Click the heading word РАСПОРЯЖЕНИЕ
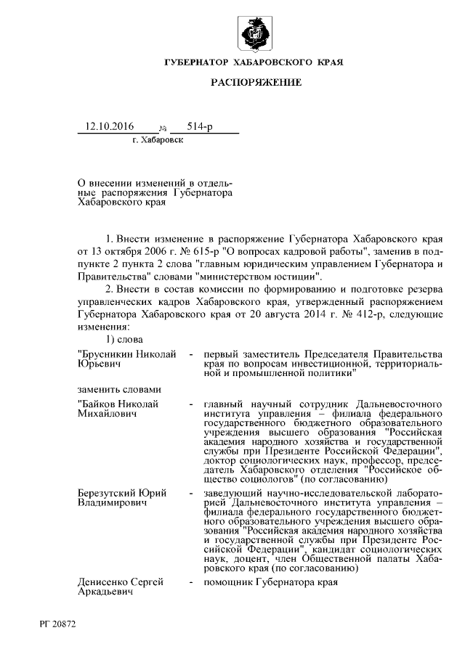[256, 83]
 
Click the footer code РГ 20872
[58, 624]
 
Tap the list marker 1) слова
[124, 340]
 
